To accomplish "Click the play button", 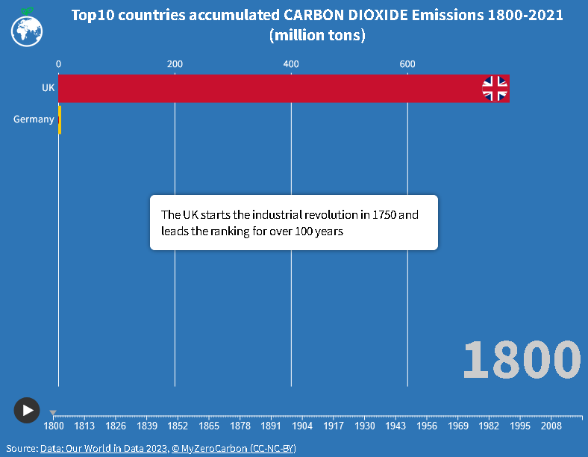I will (27, 410).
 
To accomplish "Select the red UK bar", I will (269, 88).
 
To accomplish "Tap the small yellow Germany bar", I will (60, 119).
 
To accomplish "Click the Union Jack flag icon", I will (495, 88).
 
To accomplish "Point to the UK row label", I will (49, 88).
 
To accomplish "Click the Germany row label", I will (34, 119).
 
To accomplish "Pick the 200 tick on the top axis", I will (175, 65).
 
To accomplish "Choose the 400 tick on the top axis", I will (291, 65).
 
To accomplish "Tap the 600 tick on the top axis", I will (407, 65).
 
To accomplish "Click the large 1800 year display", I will (522, 360).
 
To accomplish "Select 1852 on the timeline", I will (178, 426).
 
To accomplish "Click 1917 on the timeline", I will (334, 426).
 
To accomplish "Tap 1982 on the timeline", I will (489, 426).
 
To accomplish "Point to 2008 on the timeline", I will (551, 426).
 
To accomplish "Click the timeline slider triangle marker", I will (53, 412).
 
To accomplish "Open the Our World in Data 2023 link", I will (104, 449).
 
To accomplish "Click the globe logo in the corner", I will (27, 29).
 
